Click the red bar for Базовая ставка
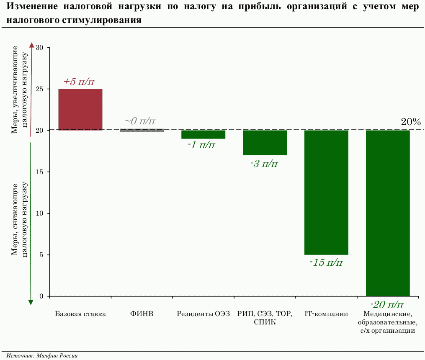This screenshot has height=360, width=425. pos(80,109)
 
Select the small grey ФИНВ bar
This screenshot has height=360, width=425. pos(142,131)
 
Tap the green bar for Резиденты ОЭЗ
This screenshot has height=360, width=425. pos(203,134)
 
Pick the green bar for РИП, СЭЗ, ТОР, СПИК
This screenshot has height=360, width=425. pos(265,143)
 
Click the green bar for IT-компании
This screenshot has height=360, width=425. pos(326,193)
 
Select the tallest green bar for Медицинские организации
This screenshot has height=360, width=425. pos(388,213)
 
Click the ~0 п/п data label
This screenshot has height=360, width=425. pos(140,121)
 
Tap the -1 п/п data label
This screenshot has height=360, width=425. pos(202,145)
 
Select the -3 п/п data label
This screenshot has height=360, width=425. pos(264,163)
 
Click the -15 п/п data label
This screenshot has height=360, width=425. pos(326,263)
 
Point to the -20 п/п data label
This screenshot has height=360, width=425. pos(388,304)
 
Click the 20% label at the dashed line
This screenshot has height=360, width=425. pos(411,122)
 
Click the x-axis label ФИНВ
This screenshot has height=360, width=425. pos(142,314)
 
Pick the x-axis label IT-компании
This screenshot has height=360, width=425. pos(326,314)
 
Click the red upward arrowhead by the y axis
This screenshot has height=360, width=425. pos(31,45)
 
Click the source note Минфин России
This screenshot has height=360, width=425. pos(42,355)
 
